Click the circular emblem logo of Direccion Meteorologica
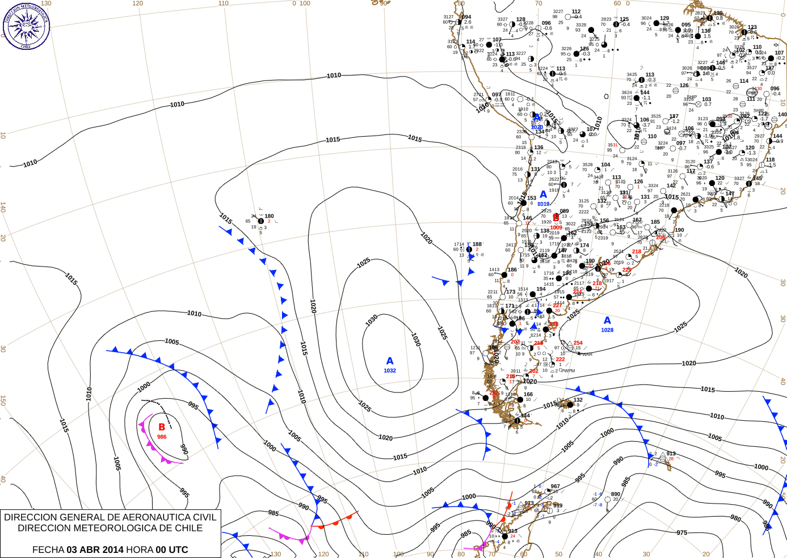tap(26, 26)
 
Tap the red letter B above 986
tap(162, 427)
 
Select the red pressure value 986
tap(162, 437)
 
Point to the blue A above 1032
tap(390, 361)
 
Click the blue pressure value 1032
tap(390, 371)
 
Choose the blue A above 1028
tap(607, 321)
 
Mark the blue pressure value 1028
tap(607, 330)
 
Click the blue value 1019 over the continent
tap(544, 204)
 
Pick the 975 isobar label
tap(681, 532)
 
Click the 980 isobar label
tap(735, 518)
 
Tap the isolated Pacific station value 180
tap(269, 216)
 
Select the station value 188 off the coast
tap(477, 244)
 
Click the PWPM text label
tap(568, 371)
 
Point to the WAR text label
tap(587, 354)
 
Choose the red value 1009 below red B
tap(556, 227)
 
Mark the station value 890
tap(616, 494)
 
